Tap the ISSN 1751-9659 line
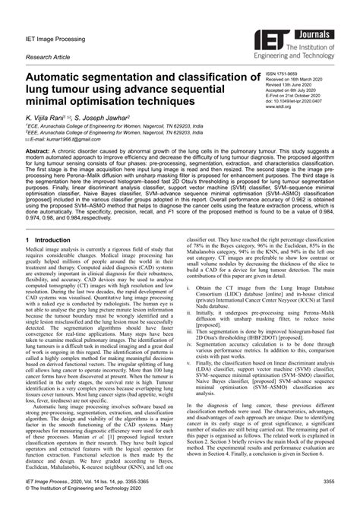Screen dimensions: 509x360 pos(286,74)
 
